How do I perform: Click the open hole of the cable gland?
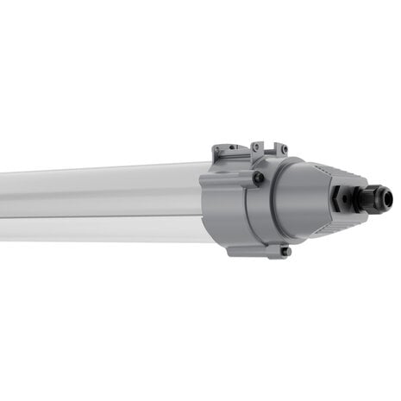point(388,199)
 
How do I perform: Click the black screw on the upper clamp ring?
point(258,178)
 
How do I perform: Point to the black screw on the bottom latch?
point(285,252)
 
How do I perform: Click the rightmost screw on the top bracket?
point(285,148)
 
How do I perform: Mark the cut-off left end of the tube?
point(3,204)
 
